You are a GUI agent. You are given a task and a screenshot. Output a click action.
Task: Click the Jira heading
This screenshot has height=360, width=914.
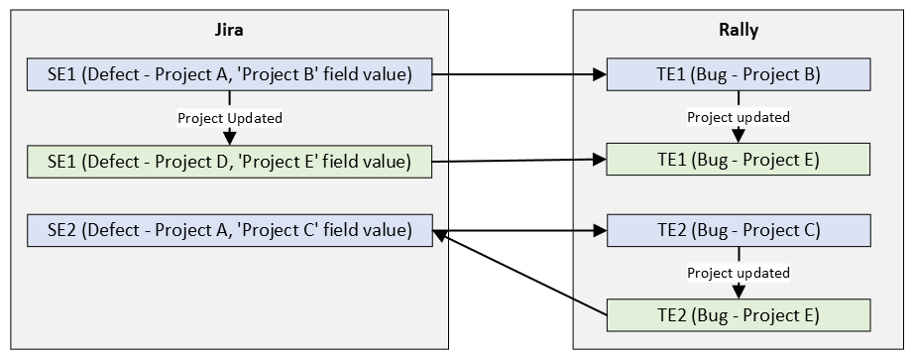[229, 30]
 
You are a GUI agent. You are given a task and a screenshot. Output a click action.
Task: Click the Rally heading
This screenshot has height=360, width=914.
[739, 30]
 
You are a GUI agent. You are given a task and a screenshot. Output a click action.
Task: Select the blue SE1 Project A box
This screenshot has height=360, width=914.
[230, 74]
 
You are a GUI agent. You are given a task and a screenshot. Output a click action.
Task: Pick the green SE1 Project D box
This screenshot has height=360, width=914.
[230, 162]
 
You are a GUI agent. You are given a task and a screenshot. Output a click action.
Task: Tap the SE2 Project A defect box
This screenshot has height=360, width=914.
[230, 230]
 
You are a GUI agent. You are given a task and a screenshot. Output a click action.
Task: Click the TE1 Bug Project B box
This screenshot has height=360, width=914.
[739, 74]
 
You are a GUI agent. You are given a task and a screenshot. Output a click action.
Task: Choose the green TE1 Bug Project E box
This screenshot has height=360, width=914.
[739, 160]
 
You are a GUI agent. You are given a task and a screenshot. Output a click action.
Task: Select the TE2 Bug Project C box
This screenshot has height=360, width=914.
[739, 230]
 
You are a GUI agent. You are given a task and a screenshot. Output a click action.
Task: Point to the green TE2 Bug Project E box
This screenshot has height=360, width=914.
[739, 315]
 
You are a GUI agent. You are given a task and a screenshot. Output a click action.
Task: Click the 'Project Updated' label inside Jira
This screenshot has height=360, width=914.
[230, 118]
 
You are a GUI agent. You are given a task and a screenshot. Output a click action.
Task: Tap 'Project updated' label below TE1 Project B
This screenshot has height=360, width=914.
[739, 117]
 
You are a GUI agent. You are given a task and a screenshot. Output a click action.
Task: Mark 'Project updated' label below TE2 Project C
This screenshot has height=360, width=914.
[739, 273]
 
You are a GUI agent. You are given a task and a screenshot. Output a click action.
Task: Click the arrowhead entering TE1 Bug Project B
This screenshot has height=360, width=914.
[600, 74]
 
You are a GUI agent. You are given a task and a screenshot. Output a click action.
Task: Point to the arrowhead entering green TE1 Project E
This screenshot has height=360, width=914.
[600, 160]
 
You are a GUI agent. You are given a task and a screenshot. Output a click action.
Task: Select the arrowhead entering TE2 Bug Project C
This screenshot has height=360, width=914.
[600, 230]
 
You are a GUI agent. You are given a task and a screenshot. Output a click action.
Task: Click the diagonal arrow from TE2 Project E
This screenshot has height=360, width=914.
[520, 273]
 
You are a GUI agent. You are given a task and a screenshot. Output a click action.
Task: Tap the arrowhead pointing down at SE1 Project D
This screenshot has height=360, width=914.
[230, 138]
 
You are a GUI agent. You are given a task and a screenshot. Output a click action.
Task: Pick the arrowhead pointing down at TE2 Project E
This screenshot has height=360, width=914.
[739, 292]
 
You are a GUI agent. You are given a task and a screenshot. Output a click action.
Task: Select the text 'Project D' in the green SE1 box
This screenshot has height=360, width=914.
[189, 162]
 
